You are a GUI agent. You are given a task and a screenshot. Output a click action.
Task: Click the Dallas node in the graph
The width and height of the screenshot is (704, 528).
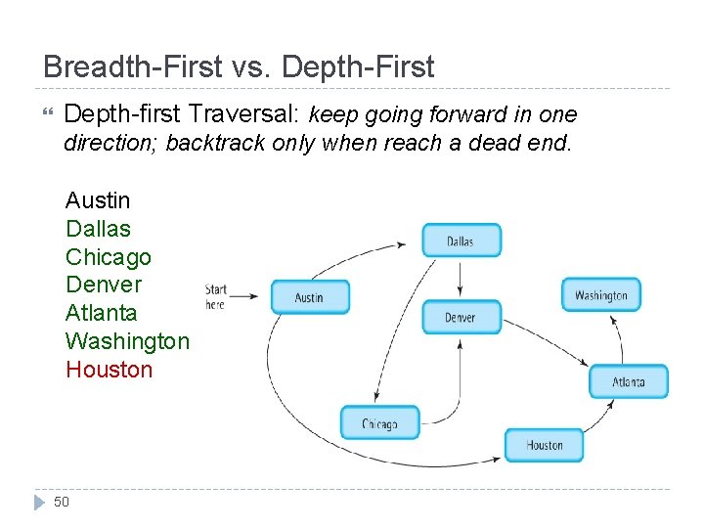[461, 241]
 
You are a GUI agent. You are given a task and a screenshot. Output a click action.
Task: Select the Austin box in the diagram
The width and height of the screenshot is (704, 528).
[309, 297]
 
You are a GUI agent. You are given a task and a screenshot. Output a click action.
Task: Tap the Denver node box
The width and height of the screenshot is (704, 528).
[461, 317]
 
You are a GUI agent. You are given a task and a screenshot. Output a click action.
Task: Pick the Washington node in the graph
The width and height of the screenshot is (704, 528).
[601, 295]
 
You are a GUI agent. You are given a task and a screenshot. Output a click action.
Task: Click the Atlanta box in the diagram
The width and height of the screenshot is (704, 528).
[629, 381]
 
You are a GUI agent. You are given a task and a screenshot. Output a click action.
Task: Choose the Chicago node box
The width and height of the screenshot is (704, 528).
[379, 423]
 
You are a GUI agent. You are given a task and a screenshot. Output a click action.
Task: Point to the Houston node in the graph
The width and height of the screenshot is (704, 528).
[545, 445]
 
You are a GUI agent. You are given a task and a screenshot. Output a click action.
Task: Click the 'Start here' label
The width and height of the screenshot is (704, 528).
[216, 296]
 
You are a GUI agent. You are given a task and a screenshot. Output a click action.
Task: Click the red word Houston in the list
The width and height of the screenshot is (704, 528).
[109, 370]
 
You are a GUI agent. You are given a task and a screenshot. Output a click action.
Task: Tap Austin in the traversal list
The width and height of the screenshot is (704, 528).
[97, 200]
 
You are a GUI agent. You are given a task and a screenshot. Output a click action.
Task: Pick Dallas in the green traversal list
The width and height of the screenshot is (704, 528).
[97, 229]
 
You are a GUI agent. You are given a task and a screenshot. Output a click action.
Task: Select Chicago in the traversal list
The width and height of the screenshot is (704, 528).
[108, 257]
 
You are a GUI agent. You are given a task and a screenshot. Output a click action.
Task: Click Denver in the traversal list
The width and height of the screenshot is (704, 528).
[103, 285]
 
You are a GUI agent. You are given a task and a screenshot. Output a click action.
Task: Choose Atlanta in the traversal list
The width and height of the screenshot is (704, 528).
[101, 313]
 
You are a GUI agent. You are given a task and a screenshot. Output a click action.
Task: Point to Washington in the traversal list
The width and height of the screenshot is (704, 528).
[127, 341]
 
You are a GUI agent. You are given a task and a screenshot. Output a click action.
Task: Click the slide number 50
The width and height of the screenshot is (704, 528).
[62, 503]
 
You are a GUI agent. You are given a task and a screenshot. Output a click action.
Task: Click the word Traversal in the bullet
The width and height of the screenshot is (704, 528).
[248, 114]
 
